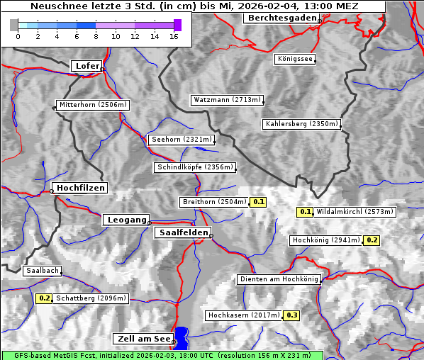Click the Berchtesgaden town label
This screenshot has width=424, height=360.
coord(281,18)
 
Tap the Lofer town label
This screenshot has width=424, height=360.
coord(87,66)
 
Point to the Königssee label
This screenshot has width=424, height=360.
coord(295,59)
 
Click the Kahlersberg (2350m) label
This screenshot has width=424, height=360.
coord(301,124)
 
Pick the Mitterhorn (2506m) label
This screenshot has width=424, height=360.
coord(93,105)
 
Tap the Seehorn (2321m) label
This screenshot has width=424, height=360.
coord(182,140)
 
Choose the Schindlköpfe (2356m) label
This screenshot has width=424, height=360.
coord(194,167)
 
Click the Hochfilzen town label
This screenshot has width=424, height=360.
coord(80,188)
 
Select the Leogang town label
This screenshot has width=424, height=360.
coord(127,220)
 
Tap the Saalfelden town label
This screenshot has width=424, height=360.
coord(182,232)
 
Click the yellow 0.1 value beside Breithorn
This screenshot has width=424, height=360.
coord(259,202)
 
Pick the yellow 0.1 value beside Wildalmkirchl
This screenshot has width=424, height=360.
coord(305,212)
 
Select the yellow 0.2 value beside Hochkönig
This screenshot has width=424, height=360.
coord(372,240)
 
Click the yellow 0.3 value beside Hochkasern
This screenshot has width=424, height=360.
coord(291,315)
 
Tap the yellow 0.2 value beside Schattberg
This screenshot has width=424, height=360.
coord(44,298)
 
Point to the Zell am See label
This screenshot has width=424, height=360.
coord(143,339)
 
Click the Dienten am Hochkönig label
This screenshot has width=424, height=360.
coord(279,279)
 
